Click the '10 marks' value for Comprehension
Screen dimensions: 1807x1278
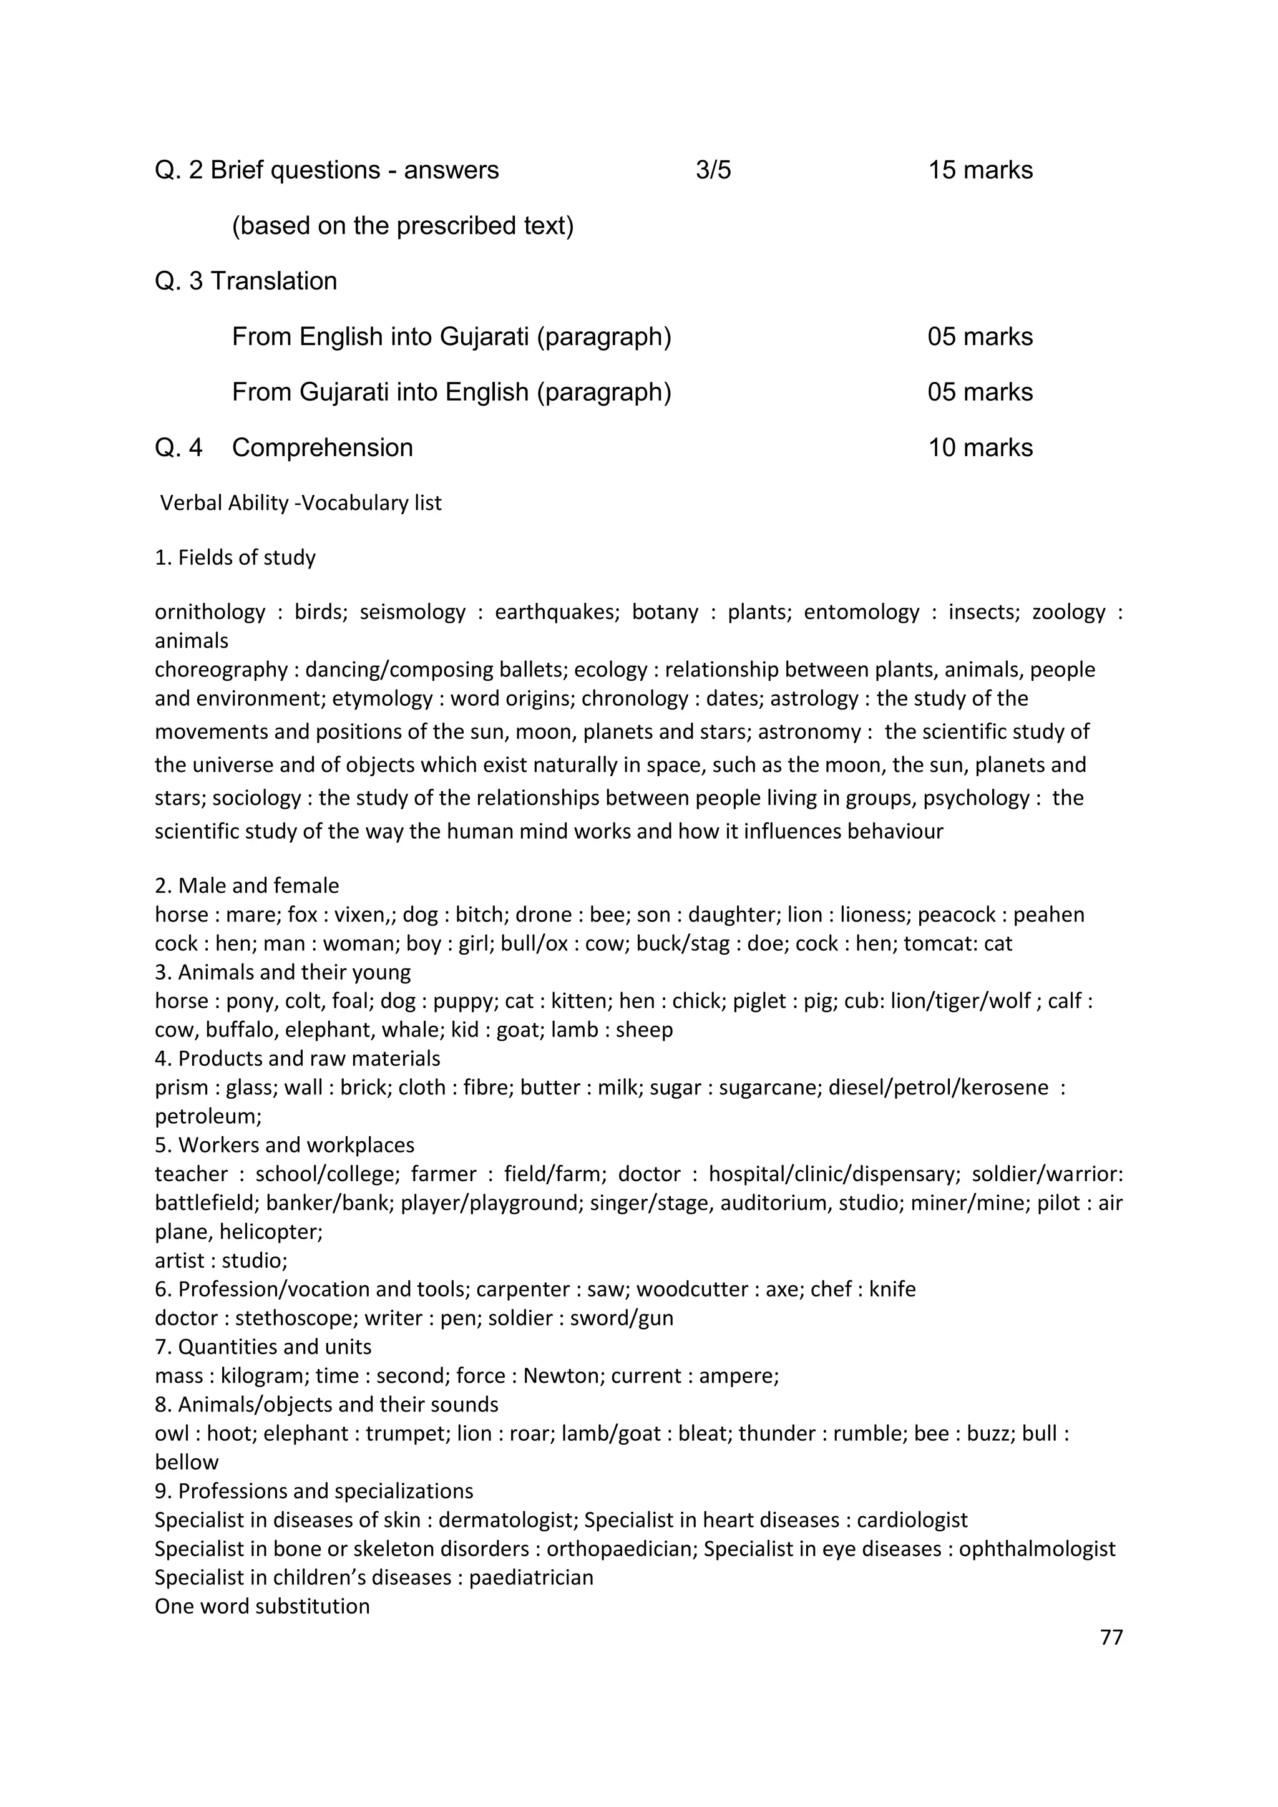pos(980,448)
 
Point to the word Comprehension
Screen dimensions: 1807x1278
pos(322,448)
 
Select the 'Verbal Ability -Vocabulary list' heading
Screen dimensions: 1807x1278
pos(301,503)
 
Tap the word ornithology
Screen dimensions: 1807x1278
pos(210,611)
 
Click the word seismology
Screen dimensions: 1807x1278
pos(412,611)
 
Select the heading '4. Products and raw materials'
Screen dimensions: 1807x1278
pos(298,1058)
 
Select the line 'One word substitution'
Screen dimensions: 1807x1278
pos(262,1606)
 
